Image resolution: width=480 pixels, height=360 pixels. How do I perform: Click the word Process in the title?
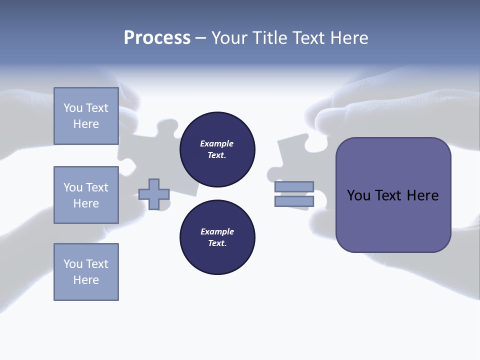point(157,38)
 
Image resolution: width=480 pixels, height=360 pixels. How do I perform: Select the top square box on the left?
point(86,116)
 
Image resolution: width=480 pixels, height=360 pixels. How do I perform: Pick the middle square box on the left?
point(86,195)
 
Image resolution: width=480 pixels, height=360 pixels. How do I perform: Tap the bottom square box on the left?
point(86,272)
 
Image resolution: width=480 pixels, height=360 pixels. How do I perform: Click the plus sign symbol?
point(154,194)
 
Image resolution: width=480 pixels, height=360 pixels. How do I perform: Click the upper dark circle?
point(217,149)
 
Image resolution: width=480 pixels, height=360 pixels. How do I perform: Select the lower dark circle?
point(217,237)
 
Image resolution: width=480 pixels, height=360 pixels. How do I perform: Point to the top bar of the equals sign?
point(294,186)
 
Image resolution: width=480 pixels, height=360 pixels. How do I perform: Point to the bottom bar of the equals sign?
point(294,201)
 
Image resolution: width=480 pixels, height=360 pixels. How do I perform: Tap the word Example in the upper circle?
point(216,143)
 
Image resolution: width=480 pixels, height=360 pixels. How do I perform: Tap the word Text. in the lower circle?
point(217,243)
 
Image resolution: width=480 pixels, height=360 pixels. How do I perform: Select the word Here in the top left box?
point(86,124)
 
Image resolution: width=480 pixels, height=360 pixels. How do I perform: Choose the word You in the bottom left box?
point(73,264)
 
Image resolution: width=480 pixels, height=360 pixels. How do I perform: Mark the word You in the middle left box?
point(73,187)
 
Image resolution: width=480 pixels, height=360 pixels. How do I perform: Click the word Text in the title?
point(307,38)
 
